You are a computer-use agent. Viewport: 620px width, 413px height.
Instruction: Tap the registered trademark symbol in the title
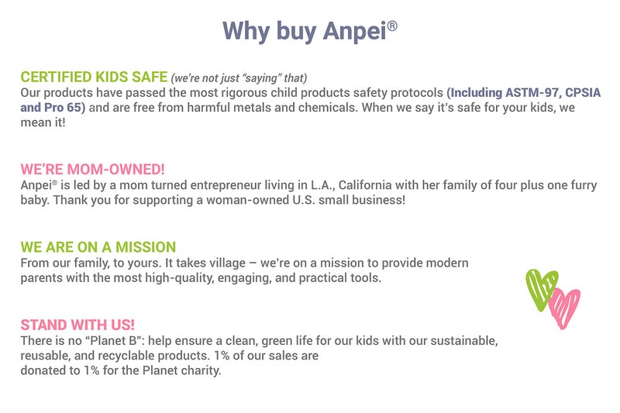[393, 24]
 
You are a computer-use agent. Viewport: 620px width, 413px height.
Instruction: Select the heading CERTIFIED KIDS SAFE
[94, 77]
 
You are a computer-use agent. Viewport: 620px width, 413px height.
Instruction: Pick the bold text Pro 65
[64, 106]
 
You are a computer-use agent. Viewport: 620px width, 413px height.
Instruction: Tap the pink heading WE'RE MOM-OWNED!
[93, 170]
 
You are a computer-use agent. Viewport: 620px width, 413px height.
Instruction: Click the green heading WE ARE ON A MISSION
[98, 247]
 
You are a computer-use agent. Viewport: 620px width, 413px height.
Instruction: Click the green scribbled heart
[541, 288]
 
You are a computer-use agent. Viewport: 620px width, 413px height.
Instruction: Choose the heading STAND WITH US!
[79, 325]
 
